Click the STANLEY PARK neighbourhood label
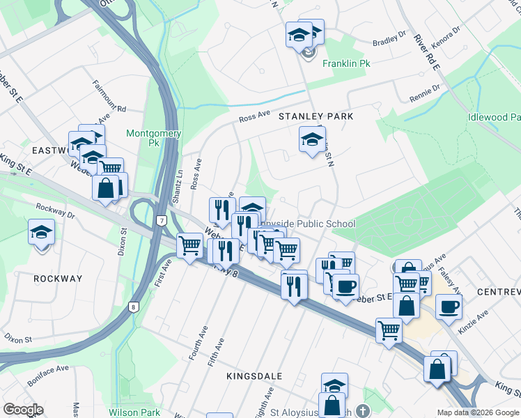point(316,116)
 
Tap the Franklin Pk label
point(346,63)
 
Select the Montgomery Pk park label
point(153,138)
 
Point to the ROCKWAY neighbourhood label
point(58,279)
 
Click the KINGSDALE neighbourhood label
point(254,376)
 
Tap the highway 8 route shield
point(132,306)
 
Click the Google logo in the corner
point(23,409)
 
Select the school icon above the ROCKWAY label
point(42,232)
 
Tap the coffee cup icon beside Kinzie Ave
point(449,307)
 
